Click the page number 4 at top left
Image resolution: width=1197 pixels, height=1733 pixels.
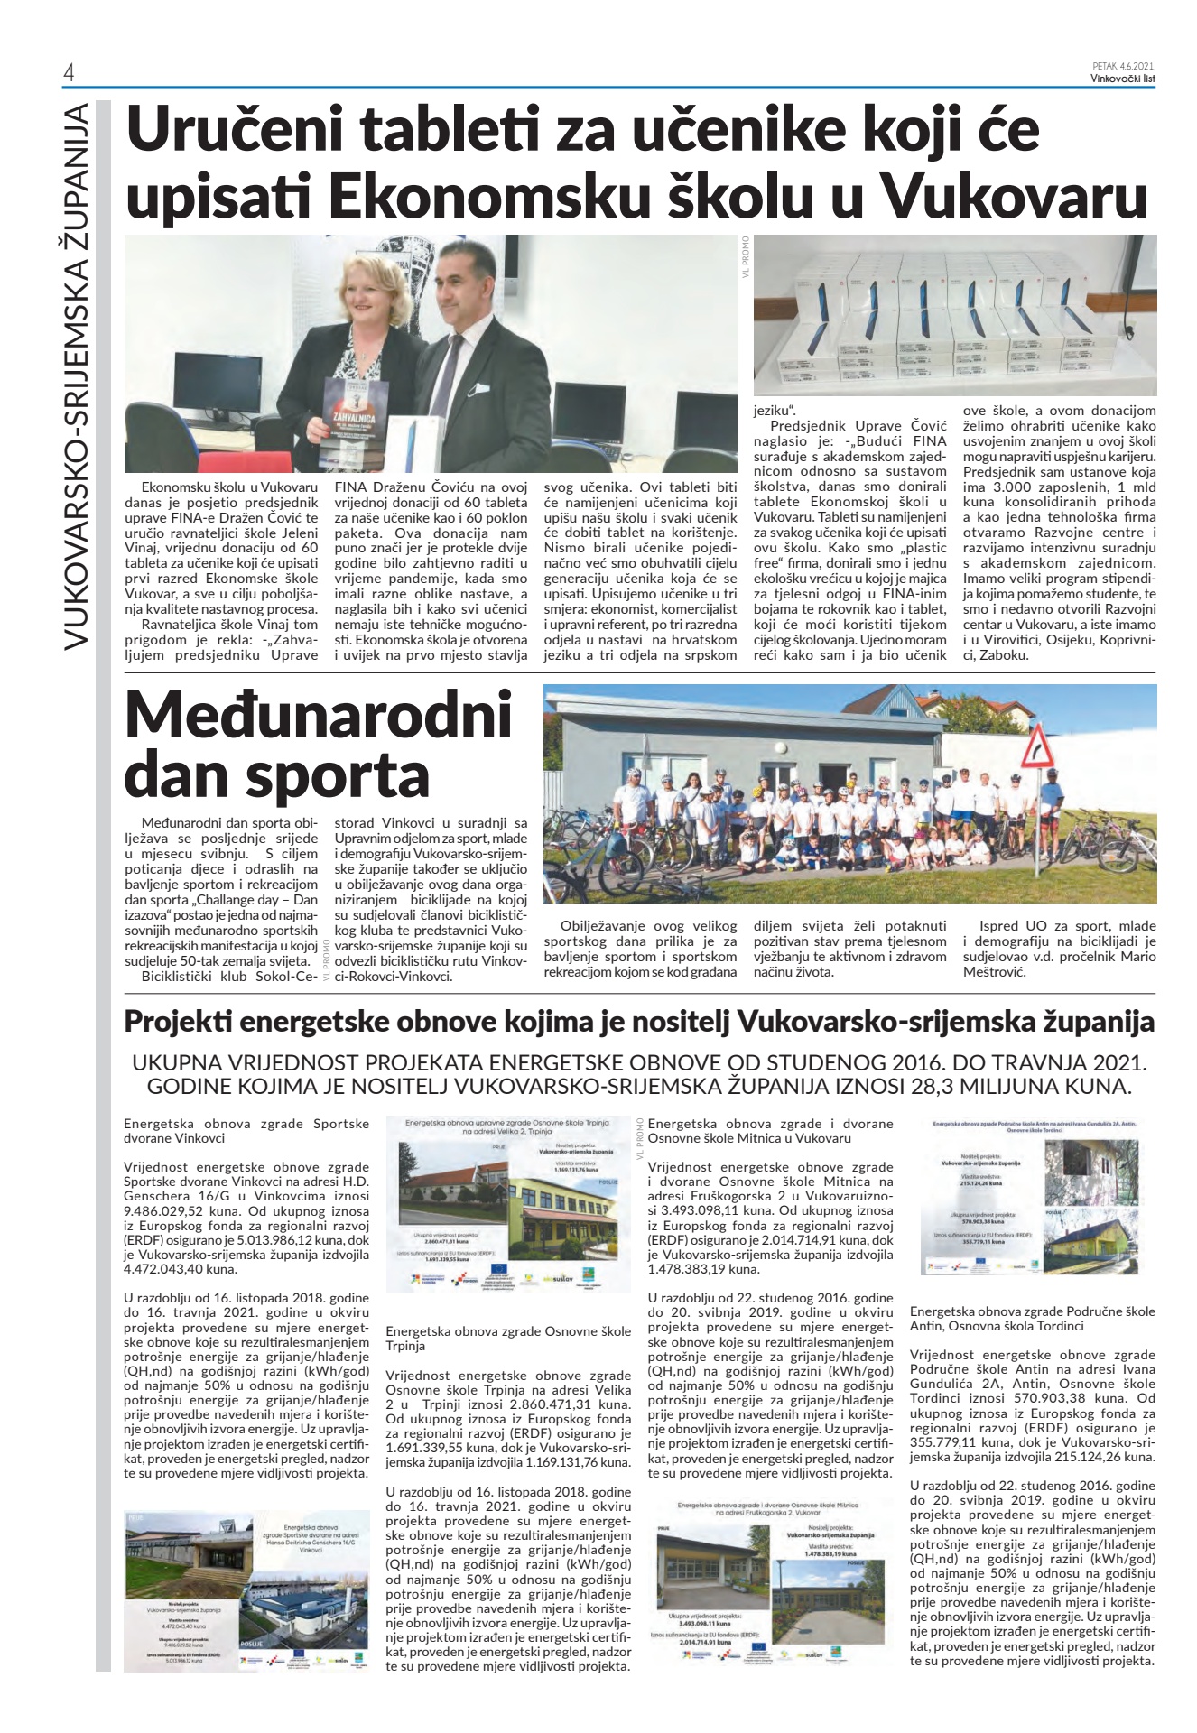(x=68, y=73)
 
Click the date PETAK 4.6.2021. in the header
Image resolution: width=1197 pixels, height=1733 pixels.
(x=1124, y=66)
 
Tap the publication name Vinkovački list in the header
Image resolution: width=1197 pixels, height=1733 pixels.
(x=1123, y=78)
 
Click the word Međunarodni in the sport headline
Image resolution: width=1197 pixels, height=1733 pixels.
(x=319, y=716)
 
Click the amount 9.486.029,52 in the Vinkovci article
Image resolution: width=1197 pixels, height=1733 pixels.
(x=170, y=1210)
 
